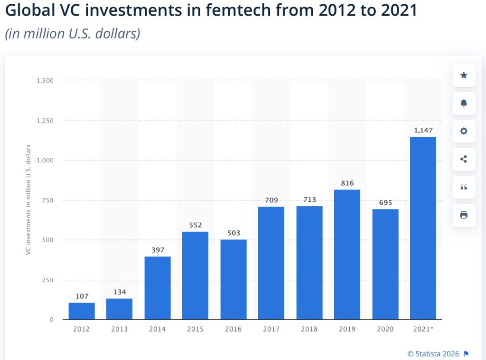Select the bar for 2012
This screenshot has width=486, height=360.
point(82,311)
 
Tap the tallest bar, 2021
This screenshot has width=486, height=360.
point(423,228)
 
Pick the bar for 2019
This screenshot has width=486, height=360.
point(347,255)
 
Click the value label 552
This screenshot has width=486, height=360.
point(196,225)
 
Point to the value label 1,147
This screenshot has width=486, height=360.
point(423,130)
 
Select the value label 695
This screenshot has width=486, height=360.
point(385,203)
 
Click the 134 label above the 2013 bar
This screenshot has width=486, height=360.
point(120,292)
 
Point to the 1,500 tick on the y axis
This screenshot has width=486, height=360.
point(45,80)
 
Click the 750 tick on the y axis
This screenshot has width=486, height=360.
point(47,200)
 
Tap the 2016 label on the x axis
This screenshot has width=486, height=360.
point(234,329)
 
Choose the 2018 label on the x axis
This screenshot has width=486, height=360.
point(309,329)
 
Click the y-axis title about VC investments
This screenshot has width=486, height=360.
point(29,199)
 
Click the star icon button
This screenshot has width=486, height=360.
point(464,76)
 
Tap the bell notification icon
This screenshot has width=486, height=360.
point(464,104)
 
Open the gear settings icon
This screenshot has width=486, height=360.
point(464,131)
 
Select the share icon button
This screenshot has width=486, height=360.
point(464,159)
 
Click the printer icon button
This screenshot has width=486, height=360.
point(464,215)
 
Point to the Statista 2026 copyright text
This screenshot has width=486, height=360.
point(433,353)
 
